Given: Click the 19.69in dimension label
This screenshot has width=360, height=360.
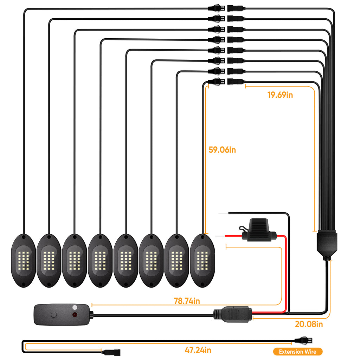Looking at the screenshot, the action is coord(280,95).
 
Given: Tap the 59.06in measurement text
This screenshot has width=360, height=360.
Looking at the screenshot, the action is coord(222,150).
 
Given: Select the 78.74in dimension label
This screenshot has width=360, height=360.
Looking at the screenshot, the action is coord(187,301).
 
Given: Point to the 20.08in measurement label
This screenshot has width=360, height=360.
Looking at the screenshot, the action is coord(309,324).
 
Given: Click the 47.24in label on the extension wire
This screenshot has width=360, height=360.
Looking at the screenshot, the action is coord(198,350).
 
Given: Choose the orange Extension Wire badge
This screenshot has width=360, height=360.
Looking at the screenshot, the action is coord(297,352).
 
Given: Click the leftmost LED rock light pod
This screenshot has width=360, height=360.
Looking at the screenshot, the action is coord(24,261).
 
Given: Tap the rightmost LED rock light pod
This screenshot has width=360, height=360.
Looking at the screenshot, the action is coord(202,261).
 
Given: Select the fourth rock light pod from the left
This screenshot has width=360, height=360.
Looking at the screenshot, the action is coord(100,261).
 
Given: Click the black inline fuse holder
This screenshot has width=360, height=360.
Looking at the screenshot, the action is coord(258,230).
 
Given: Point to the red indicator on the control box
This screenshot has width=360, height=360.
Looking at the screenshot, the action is coord(75,314).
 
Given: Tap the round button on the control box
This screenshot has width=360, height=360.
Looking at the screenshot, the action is coord(54,315).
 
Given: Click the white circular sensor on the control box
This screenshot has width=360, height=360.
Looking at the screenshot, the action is coord(75,307).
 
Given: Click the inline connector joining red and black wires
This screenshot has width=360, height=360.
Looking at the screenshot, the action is coord(233,314).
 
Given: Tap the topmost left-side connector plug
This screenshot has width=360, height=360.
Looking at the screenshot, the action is coord(216,8).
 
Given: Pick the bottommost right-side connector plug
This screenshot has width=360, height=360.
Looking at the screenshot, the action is coord(236,82).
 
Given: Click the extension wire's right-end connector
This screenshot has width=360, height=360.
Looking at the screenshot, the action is coord(303,340).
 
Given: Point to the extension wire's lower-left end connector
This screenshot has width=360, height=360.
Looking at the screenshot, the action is coord(111,352).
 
